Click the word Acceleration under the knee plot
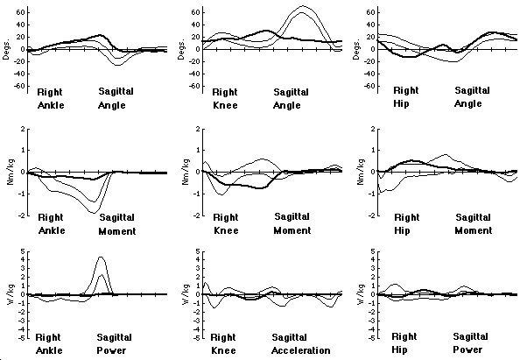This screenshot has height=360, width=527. click(301, 350)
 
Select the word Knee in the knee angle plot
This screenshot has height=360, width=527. click(226, 105)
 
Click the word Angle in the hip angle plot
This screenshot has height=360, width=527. click(471, 105)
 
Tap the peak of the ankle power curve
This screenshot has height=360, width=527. click(102, 258)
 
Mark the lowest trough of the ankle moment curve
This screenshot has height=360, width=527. click(94, 213)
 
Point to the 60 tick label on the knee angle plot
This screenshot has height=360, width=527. click(196, 12)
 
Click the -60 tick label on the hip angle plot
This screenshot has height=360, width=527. click(369, 86)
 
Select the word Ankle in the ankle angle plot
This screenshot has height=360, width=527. click(52, 105)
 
